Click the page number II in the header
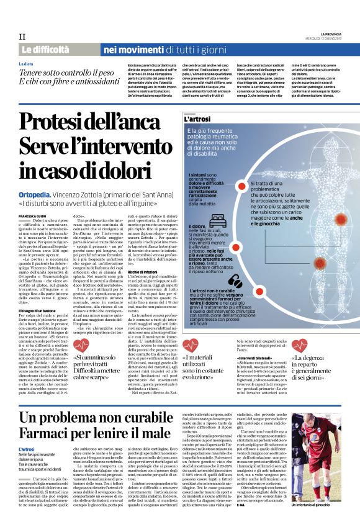(22, 37)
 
